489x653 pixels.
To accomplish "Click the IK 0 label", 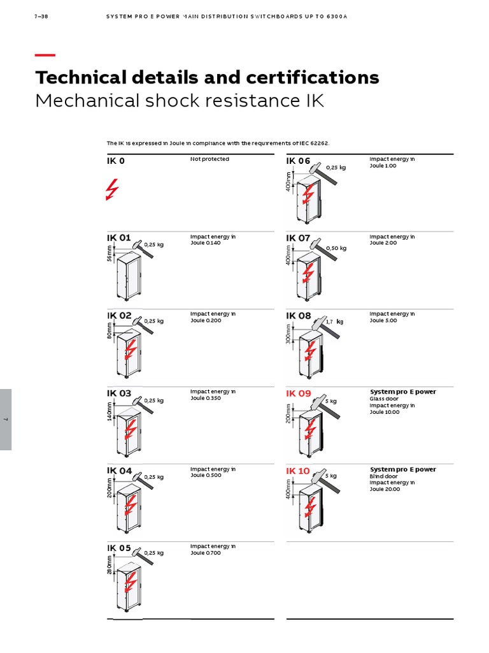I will (x=116, y=161).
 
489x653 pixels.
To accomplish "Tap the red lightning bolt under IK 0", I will (x=112, y=189).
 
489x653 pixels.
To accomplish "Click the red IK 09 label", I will (x=298, y=393).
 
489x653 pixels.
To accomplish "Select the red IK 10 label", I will (x=298, y=471).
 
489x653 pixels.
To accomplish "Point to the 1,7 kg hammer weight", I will (x=334, y=321).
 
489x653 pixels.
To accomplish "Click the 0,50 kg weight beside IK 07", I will (x=336, y=248).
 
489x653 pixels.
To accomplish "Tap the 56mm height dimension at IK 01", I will (x=110, y=253).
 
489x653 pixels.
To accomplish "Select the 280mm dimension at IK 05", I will (x=110, y=566).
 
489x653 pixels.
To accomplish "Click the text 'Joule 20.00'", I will (x=385, y=489).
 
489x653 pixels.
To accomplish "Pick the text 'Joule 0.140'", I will (x=205, y=243).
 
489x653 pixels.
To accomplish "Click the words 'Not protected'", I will (x=209, y=159).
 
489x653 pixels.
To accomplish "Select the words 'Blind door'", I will (x=383, y=476).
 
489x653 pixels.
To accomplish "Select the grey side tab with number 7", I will (x=6, y=419).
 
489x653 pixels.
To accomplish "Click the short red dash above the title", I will (x=45, y=55).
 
